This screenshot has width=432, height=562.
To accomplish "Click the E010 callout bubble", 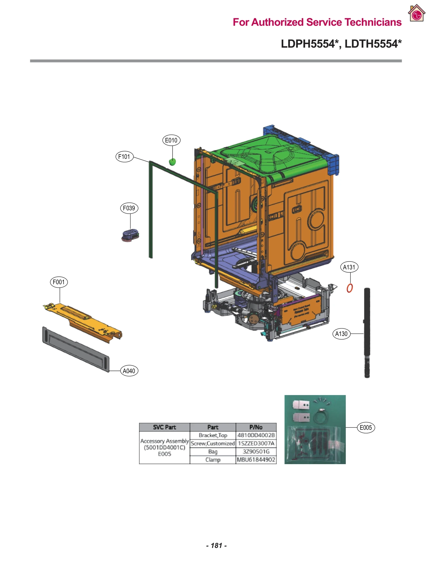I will pyautogui.click(x=171, y=140).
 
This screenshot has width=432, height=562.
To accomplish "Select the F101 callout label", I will pyautogui.click(x=124, y=157).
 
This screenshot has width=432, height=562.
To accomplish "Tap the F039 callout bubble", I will pyautogui.click(x=129, y=208).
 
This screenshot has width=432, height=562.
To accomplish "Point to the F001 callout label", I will pyautogui.click(x=59, y=282).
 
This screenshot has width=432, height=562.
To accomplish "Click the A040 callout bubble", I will pyautogui.click(x=129, y=371).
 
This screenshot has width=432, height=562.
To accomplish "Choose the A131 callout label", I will pyautogui.click(x=349, y=267).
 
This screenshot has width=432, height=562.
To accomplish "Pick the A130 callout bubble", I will pyautogui.click(x=341, y=334).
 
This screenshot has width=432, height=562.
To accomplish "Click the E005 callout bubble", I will pyautogui.click(x=366, y=427).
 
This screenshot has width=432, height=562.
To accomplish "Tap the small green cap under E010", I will pyautogui.click(x=172, y=162).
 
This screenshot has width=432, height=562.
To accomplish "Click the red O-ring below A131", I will pyautogui.click(x=350, y=288).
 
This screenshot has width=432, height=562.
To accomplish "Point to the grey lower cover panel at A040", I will pyautogui.click(x=76, y=349).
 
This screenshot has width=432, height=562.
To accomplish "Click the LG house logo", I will pyautogui.click(x=417, y=13).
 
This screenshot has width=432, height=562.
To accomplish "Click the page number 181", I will pyautogui.click(x=216, y=545).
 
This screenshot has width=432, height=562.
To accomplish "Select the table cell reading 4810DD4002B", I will pyautogui.click(x=256, y=435).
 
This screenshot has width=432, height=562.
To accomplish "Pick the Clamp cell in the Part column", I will pyautogui.click(x=213, y=460).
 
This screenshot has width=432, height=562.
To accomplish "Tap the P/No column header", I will pyautogui.click(x=256, y=427).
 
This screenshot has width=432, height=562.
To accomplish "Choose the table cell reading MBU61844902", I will pyautogui.click(x=256, y=460).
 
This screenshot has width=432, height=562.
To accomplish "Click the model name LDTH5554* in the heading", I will pyautogui.click(x=373, y=44).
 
